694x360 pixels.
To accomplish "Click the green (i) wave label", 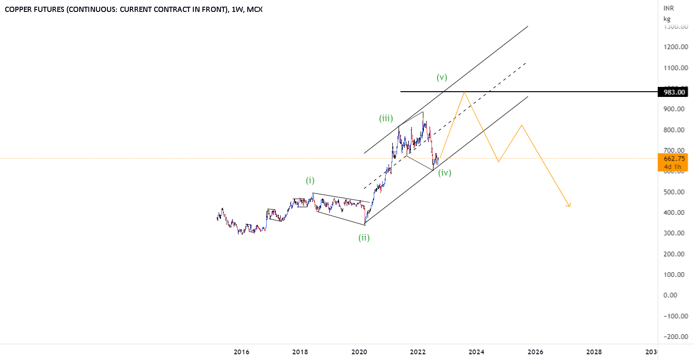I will coord(310,180).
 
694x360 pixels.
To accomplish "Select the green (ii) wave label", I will coord(364,237).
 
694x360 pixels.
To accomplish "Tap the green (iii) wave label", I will coord(386,118).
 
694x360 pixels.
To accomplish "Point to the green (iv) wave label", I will coord(445,172).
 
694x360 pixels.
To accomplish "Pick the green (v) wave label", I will coord(442,77).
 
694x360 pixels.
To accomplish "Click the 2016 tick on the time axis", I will coord(242,352).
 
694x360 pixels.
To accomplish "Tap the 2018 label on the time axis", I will coord(300,352).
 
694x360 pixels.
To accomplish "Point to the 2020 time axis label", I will coord(359,352).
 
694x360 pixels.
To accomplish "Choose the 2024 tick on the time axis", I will coord(476,352).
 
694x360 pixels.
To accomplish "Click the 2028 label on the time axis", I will coord(594,352).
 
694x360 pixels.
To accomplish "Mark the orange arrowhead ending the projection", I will coord(569,206).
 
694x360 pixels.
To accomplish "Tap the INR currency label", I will coord(668,9).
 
